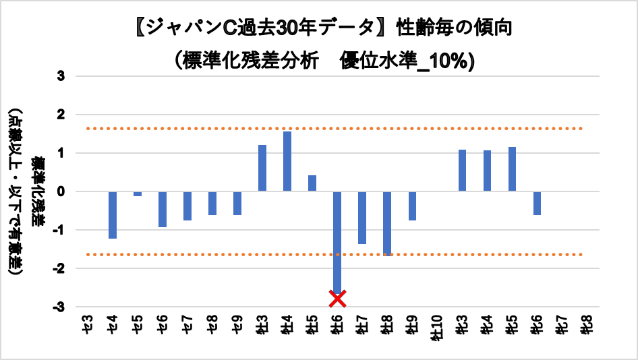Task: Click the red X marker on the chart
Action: [x=337, y=297]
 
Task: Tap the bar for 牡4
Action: [x=287, y=161]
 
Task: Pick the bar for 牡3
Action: [x=262, y=168]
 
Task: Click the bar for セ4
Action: [x=113, y=215]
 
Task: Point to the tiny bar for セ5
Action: [x=138, y=193]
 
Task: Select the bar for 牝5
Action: [x=512, y=169]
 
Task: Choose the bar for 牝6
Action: [x=537, y=203]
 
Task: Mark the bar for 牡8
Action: [x=387, y=223]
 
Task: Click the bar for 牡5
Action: [x=312, y=183]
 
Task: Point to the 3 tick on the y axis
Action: [x=60, y=76]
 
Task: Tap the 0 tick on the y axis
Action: [x=60, y=191]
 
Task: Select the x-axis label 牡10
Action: [x=436, y=328]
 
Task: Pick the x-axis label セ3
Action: [x=87, y=324]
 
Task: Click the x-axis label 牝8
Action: [x=586, y=324]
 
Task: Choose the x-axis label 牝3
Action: [x=462, y=324]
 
